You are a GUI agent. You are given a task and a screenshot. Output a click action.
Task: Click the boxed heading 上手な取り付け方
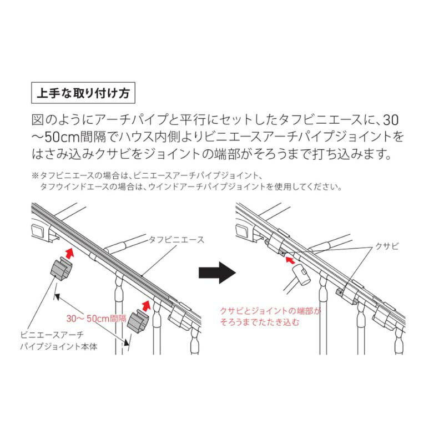[x=83, y=93]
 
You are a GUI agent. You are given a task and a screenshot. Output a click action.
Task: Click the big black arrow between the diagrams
[x=217, y=273]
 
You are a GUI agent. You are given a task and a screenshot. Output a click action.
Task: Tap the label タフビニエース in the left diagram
[x=176, y=240]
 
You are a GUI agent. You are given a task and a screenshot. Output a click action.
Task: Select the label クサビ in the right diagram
[x=387, y=246]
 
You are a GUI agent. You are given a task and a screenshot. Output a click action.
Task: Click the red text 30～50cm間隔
[x=96, y=318]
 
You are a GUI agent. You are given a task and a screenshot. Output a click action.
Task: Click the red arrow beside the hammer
[x=290, y=260]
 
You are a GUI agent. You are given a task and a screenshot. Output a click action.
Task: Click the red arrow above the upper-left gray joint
[x=70, y=253]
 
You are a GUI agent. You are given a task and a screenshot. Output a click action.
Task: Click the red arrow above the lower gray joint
[x=145, y=306]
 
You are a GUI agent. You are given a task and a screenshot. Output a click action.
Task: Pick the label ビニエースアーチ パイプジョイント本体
[x=59, y=341]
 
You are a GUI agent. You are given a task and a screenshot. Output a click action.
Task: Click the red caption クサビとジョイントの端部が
[x=270, y=311]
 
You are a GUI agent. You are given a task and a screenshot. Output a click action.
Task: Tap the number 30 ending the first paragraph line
[x=391, y=120]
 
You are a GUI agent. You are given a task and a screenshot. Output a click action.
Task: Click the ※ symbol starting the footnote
[x=35, y=175]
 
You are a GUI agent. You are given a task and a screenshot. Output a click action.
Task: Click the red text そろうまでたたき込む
[x=260, y=322]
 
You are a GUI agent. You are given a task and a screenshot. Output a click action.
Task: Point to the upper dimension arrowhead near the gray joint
[x=57, y=296]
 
